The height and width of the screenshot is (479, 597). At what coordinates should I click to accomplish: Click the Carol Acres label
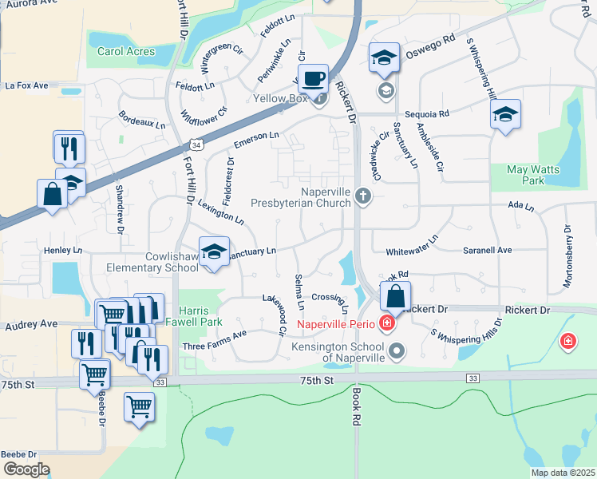click(126, 52)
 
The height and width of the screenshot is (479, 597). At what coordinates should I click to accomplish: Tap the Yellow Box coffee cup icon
click(314, 79)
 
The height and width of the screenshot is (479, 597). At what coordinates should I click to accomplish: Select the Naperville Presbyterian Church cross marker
click(363, 196)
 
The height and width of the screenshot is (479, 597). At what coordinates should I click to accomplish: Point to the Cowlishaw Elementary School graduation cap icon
click(214, 251)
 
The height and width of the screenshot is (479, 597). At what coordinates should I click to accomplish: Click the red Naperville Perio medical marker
click(387, 323)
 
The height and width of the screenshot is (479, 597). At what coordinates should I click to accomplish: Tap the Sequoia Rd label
click(427, 114)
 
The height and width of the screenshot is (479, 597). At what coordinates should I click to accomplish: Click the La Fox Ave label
click(26, 85)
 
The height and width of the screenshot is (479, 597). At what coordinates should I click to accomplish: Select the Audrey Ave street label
click(31, 324)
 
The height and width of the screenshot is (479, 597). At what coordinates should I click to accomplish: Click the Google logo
click(26, 469)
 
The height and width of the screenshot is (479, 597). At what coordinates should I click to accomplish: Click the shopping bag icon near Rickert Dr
click(396, 296)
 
